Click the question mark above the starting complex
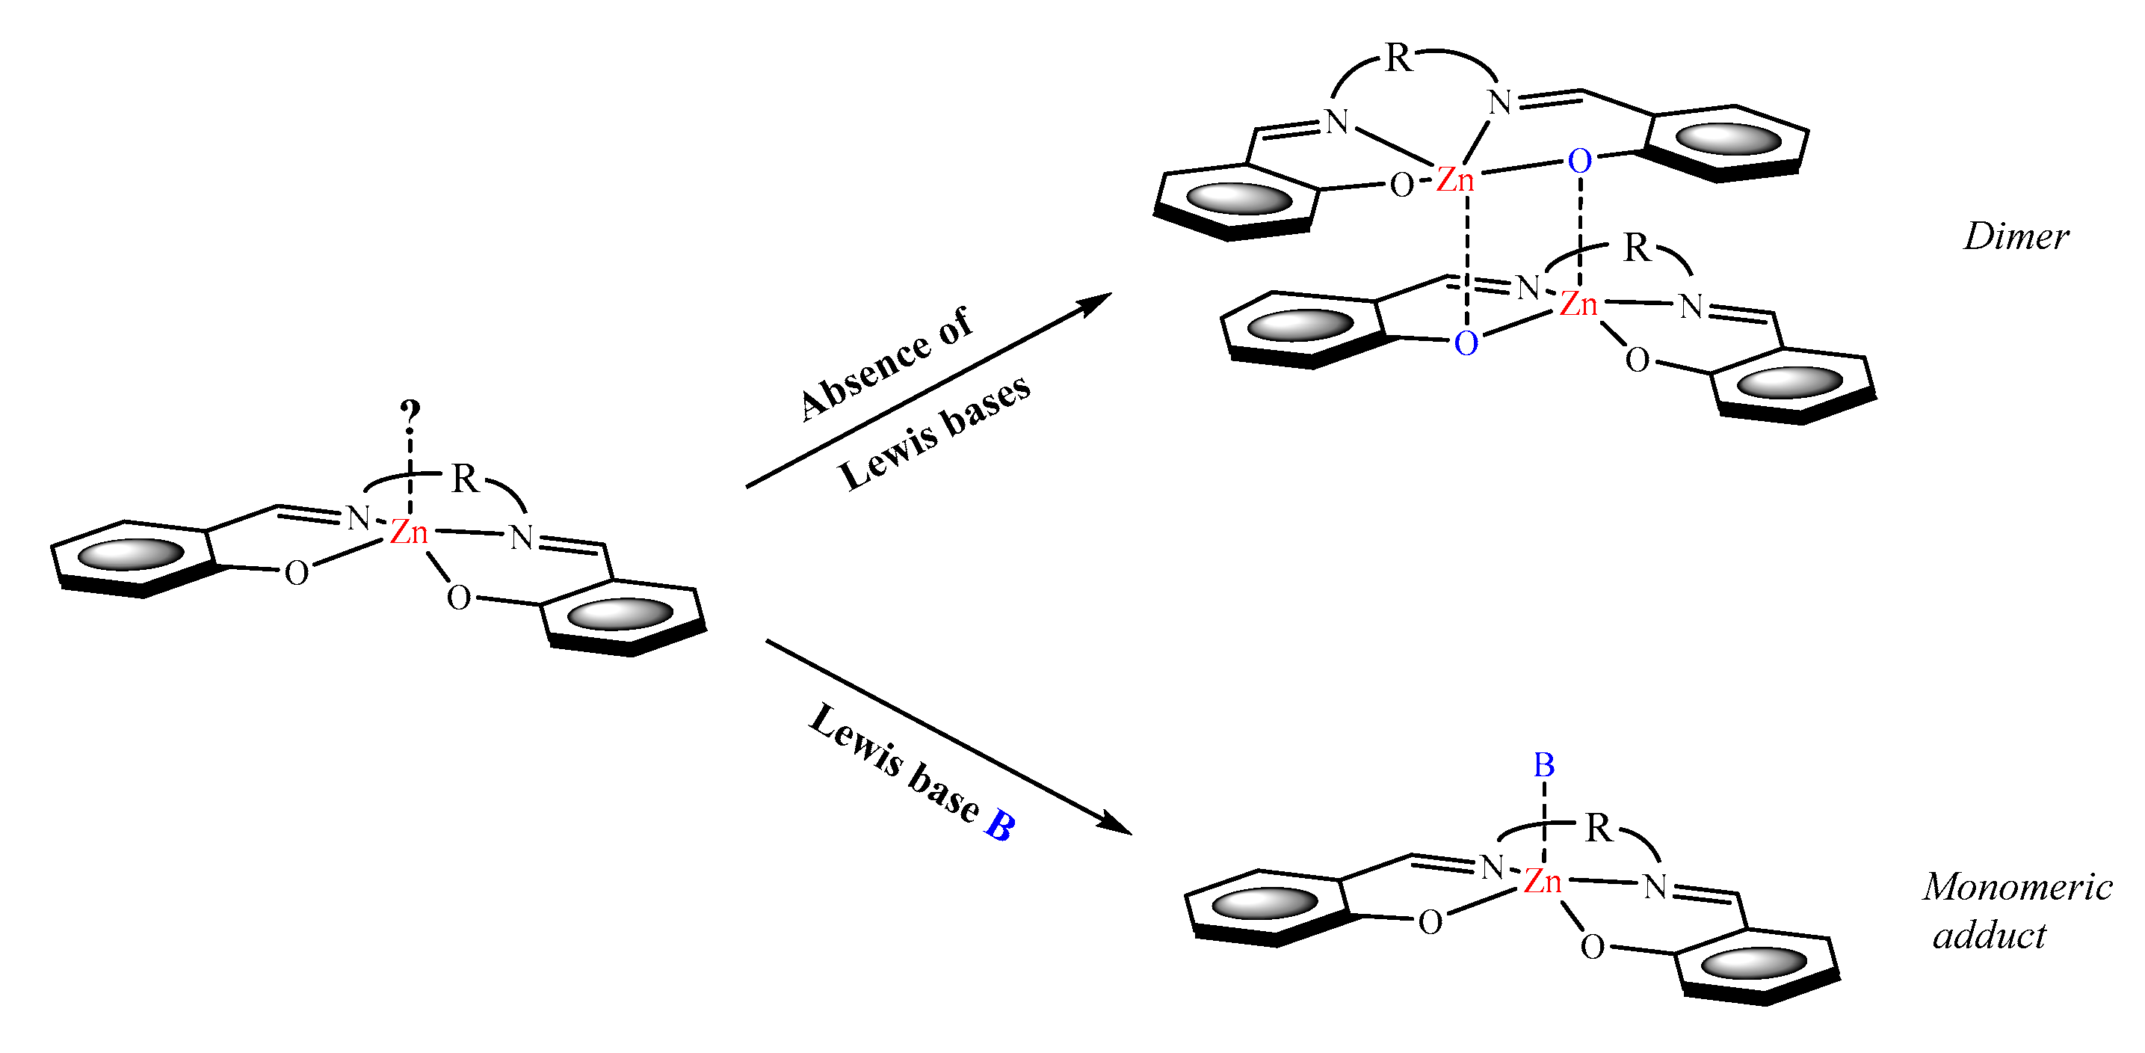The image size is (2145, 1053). (x=410, y=412)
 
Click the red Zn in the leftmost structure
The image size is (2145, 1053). (x=409, y=532)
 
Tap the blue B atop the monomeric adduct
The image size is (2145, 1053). (x=1544, y=765)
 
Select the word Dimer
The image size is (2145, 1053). (x=2016, y=237)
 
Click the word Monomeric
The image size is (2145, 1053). (x=2016, y=887)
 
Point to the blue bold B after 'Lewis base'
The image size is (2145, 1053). (x=999, y=826)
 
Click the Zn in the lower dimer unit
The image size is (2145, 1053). (x=1578, y=304)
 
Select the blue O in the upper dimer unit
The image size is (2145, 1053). (x=1580, y=161)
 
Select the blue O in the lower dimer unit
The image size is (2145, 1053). (x=1466, y=343)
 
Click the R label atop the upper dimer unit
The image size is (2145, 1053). (x=1398, y=58)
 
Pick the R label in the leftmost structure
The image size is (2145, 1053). (x=465, y=479)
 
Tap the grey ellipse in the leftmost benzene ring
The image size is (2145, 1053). (x=132, y=555)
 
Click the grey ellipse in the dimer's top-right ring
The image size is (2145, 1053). (x=1728, y=139)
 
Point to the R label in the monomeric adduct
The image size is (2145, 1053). (x=1598, y=828)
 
